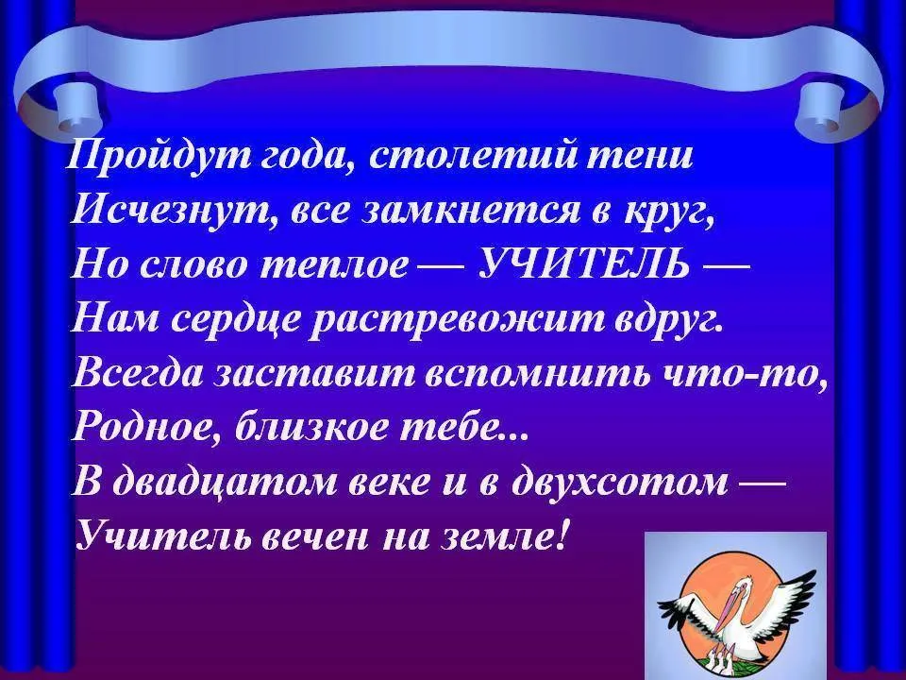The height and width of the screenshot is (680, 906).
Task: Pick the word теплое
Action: (342, 267)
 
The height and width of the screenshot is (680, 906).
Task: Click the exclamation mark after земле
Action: (562, 534)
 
